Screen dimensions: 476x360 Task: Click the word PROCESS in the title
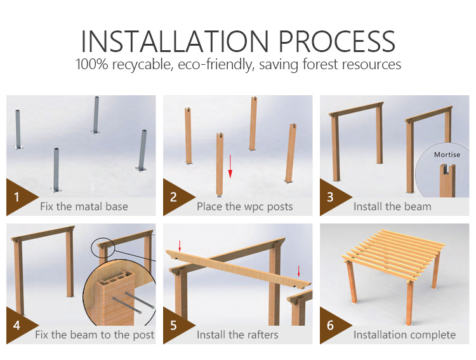point(336,41)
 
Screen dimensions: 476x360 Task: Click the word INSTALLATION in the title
point(175,41)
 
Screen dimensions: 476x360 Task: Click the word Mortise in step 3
point(447,155)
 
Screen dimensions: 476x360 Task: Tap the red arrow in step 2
point(230,166)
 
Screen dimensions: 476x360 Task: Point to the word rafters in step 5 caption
point(262,335)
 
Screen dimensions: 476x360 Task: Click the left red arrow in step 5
point(180,246)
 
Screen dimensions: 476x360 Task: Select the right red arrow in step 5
point(299,271)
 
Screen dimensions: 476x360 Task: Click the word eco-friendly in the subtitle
point(216,65)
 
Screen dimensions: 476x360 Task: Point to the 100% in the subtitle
point(91,64)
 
